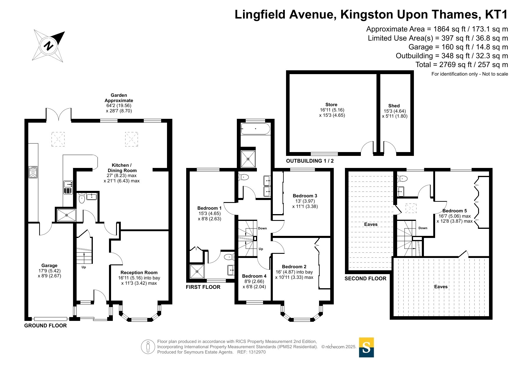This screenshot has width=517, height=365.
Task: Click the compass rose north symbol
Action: point(49,45)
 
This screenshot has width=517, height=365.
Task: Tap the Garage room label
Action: point(49,265)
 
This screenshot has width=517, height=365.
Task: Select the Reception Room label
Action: point(139,273)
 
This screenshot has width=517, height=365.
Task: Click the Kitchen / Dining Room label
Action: point(122,168)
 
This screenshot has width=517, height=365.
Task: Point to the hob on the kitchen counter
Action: point(33,172)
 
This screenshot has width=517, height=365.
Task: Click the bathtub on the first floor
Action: point(255,129)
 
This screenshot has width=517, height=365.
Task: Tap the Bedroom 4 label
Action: point(254,276)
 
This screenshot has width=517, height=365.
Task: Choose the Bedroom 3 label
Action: point(305,196)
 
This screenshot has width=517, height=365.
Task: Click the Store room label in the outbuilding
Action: point(331,105)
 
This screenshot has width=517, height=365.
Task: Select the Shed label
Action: point(394,106)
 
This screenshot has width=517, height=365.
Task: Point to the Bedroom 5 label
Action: point(455,211)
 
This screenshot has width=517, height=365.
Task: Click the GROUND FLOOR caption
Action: point(45,326)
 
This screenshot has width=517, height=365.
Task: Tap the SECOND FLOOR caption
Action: point(365,279)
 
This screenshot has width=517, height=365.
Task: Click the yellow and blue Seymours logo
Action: point(366,347)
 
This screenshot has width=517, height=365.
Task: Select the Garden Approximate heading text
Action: point(119,98)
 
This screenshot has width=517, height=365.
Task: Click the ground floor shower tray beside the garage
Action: point(67,215)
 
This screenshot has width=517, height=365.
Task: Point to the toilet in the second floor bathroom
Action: point(402,178)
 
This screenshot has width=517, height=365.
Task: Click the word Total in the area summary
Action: point(423,65)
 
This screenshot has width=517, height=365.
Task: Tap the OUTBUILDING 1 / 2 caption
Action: point(310,161)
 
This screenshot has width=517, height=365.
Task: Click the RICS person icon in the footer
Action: point(148,347)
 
